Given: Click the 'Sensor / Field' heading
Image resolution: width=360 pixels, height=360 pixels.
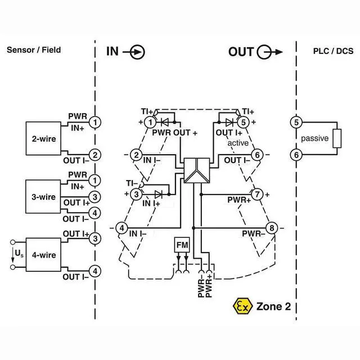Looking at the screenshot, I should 34,49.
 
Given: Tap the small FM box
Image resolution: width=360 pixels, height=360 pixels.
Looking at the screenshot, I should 182,245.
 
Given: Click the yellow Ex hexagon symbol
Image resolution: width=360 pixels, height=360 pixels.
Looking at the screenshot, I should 240,306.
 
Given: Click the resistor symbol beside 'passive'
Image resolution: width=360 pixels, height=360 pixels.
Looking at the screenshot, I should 336,138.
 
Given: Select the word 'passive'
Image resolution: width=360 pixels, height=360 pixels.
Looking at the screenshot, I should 314,138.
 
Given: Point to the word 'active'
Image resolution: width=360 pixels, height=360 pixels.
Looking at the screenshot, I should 238,143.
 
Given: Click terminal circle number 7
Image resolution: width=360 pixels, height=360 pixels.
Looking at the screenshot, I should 256,194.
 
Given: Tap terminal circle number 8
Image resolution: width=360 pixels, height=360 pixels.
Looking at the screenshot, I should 272,228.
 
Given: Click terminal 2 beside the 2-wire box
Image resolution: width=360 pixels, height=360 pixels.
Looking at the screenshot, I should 96,155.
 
